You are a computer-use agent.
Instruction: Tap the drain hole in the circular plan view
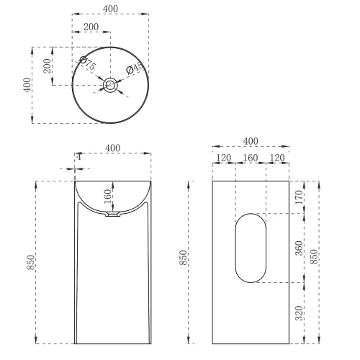coord(111,85)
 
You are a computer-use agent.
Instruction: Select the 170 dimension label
coord(300,196)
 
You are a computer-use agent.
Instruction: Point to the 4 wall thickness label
coord(78,156)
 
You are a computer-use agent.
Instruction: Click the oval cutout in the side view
coord(251,247)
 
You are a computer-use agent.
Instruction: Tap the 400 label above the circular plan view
coord(111,8)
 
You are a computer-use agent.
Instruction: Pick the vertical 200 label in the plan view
coord(47,66)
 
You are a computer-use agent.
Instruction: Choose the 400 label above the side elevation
coord(251,140)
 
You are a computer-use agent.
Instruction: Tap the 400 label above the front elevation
coord(113,148)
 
